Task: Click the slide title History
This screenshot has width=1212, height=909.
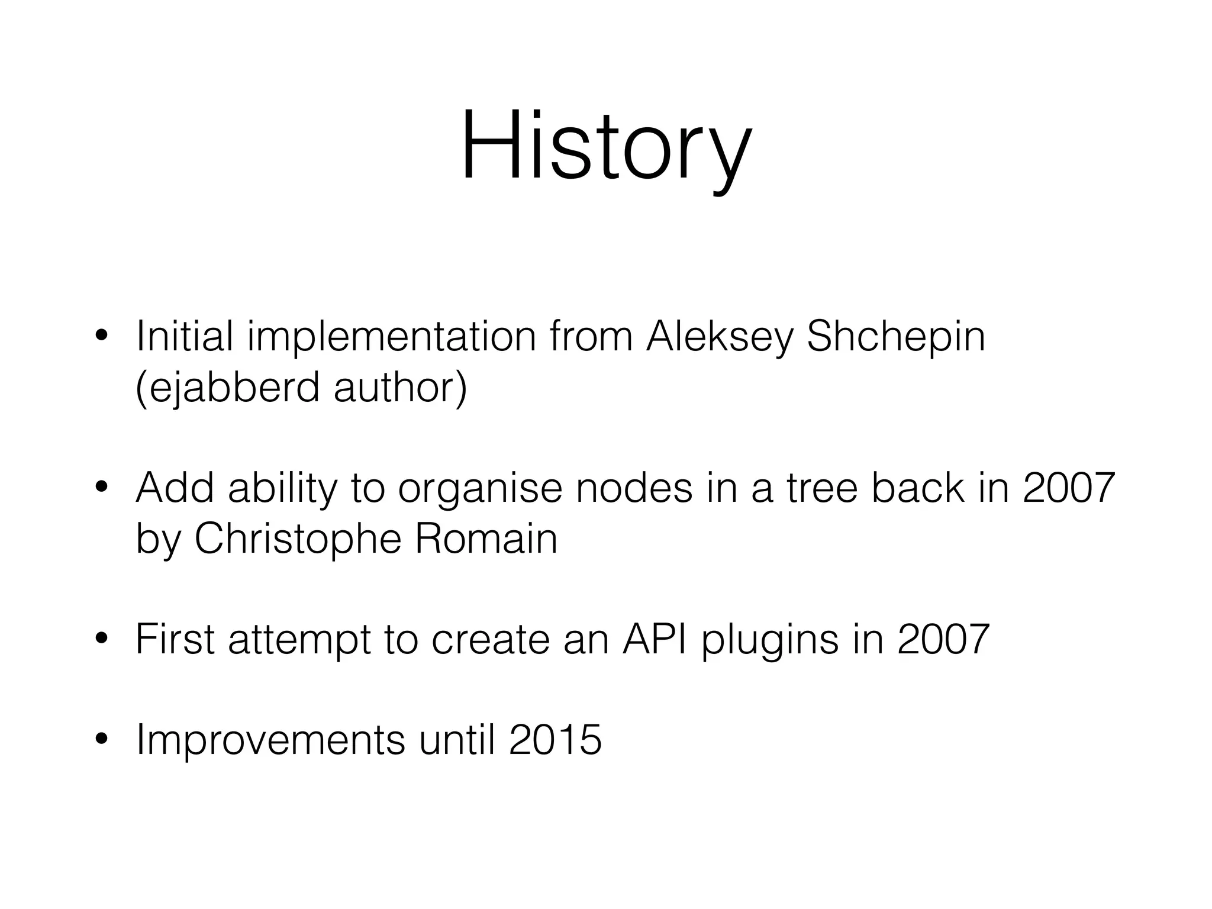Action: [606, 147]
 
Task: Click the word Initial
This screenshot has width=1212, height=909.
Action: [184, 336]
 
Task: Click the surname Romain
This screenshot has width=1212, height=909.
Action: [486, 539]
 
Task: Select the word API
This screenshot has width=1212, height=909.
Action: [655, 639]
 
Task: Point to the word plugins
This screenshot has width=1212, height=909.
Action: [770, 640]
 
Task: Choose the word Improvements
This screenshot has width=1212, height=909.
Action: [270, 740]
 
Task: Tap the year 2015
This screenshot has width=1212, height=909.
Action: [555, 740]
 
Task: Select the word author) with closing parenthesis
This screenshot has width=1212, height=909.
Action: [400, 388]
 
